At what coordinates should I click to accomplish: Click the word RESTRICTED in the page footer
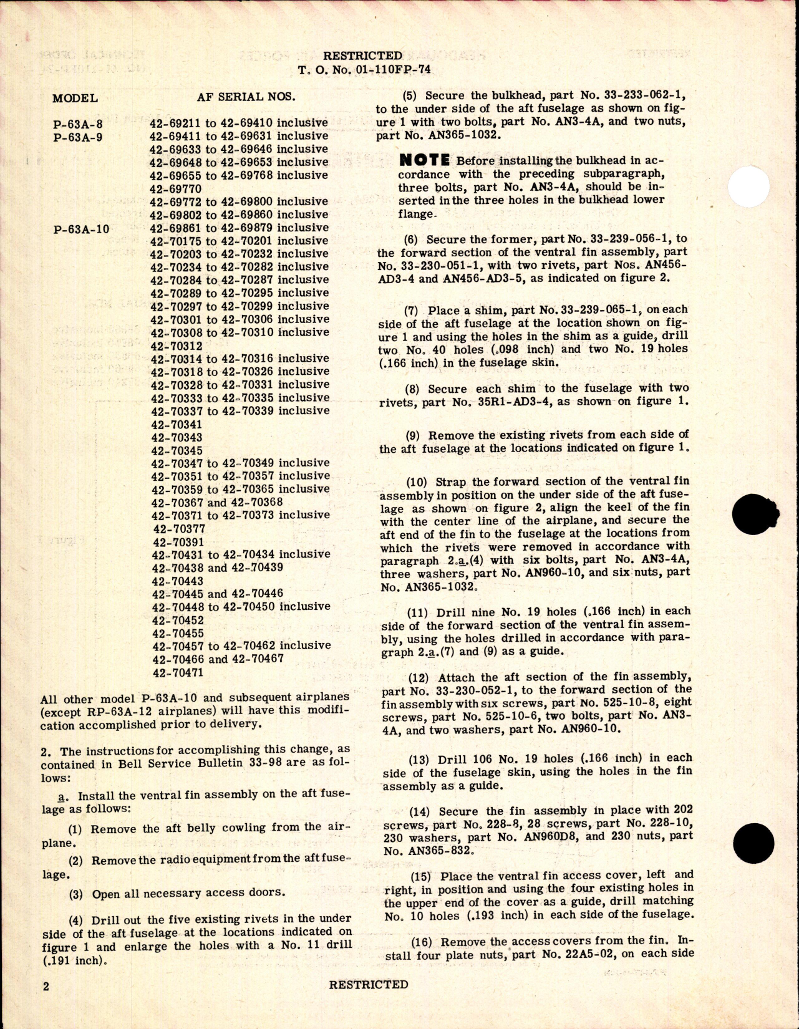(368, 985)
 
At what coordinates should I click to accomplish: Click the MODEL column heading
(75, 98)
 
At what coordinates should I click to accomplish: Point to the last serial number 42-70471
(177, 673)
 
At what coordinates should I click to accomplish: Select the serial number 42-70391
(177, 542)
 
